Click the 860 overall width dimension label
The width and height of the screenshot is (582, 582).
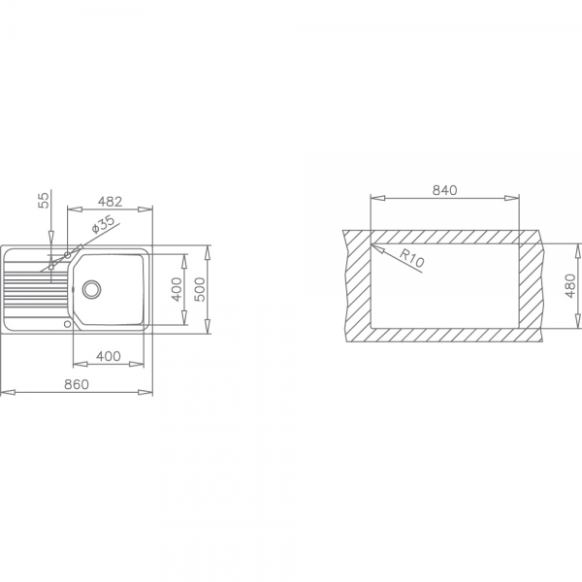coord(77,384)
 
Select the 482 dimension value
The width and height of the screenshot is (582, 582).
coord(110,202)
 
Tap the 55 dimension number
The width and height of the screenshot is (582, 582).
coord(45,201)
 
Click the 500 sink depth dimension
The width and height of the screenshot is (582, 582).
coord(199,289)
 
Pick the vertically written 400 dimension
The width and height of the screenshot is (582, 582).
coord(177,289)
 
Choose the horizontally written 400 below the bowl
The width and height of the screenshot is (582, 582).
coord(109,356)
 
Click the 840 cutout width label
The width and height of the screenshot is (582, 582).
coord(444,190)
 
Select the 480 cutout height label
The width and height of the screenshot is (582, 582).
coord(569,286)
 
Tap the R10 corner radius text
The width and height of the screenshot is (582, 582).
coord(411,258)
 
